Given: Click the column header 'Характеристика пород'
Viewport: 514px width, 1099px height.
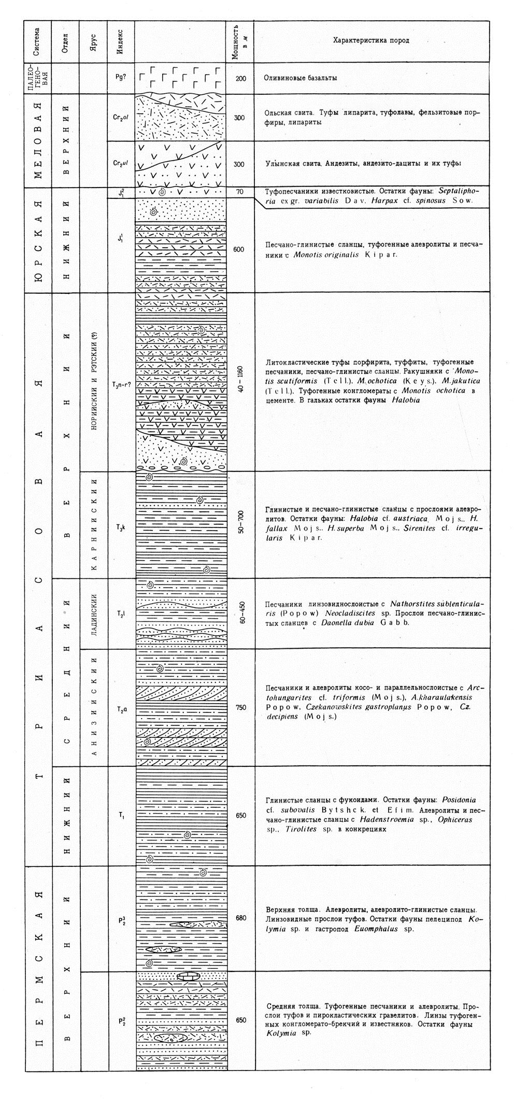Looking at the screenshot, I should pyautogui.click(x=370, y=41).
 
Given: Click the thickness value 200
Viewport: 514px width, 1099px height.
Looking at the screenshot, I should pyautogui.click(x=239, y=78).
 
